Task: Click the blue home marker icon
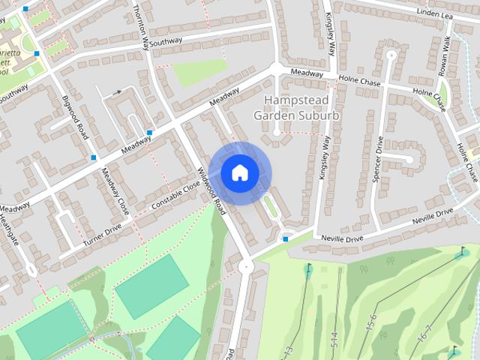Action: (239, 172)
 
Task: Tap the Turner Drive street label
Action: (102, 238)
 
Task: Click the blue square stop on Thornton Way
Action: (149, 132)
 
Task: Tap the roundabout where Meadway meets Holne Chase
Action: (277, 69)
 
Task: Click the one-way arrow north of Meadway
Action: (116, 92)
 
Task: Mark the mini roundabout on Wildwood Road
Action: (244, 265)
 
